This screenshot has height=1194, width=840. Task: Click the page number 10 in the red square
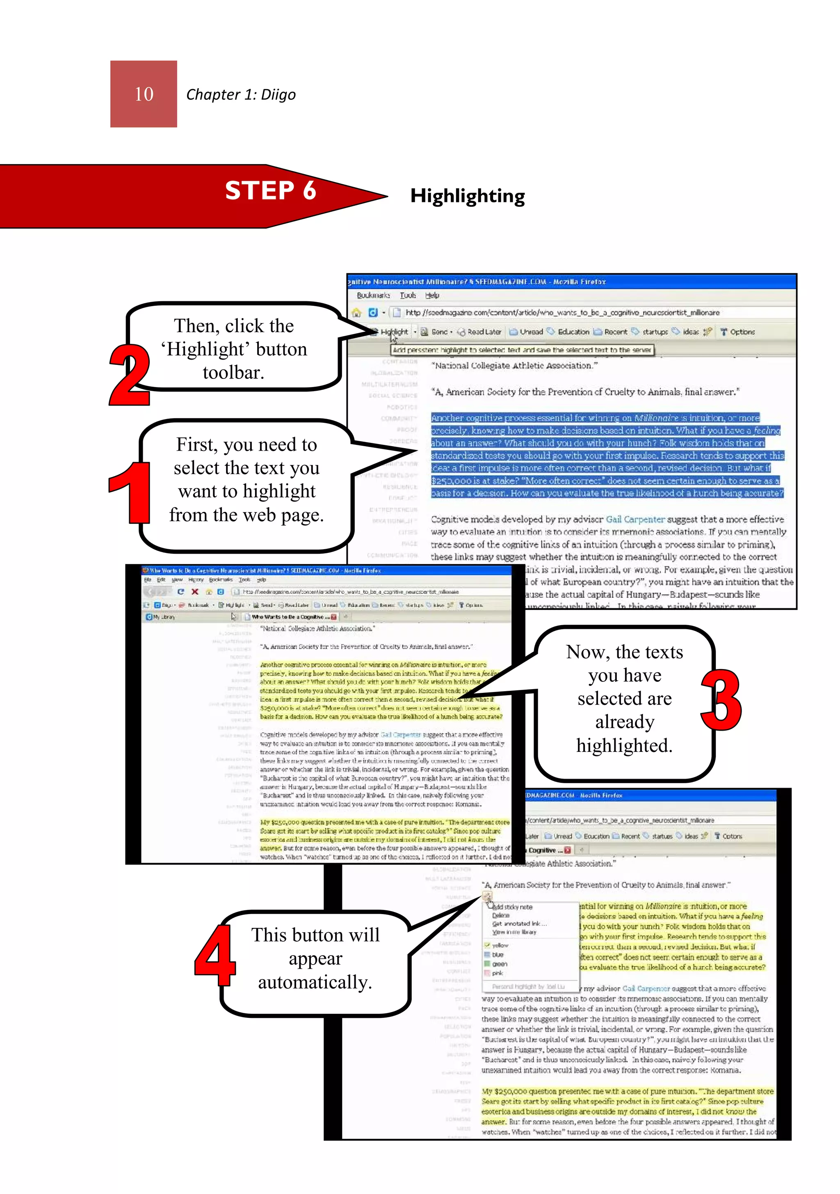144,94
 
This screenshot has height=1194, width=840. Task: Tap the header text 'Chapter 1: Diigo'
241,95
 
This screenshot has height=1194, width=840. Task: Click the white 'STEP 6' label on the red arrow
270,190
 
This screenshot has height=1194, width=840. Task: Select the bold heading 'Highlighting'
467,196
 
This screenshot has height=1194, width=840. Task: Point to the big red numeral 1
130,492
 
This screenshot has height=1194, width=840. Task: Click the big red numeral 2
130,374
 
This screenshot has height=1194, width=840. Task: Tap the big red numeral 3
721,699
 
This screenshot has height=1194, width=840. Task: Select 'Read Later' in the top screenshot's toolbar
484,332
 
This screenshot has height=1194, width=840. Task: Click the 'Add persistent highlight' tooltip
521,350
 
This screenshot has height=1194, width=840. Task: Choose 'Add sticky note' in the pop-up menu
512,907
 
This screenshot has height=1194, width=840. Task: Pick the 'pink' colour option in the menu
498,973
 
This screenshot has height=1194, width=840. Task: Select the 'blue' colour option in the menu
498,955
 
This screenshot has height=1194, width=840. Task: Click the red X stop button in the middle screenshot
195,592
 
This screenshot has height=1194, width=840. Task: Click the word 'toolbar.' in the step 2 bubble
233,372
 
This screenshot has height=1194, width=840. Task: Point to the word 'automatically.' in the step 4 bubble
315,982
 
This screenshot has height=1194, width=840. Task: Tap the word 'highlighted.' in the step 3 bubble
624,745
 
